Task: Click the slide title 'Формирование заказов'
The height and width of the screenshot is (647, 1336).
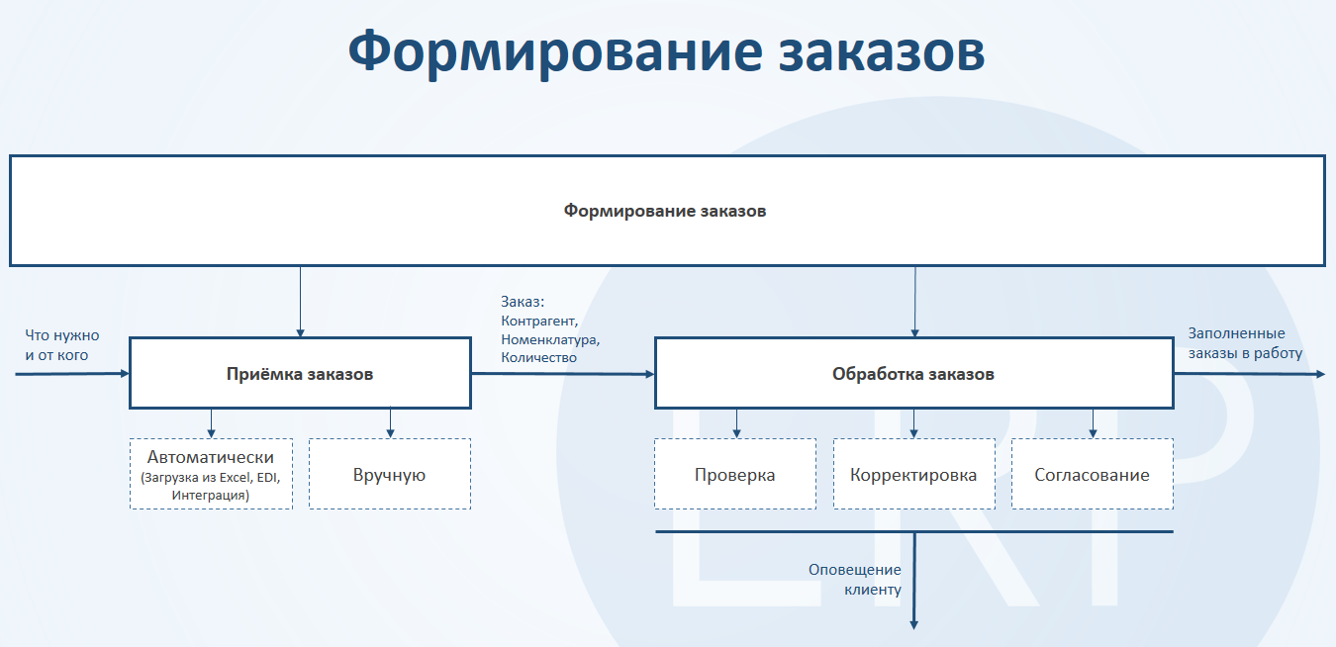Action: click(x=666, y=51)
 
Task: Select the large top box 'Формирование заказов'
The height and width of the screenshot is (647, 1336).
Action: click(x=666, y=211)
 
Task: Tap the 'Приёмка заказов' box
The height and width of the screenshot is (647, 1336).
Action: click(x=300, y=374)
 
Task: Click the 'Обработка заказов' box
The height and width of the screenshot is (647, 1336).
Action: click(x=913, y=374)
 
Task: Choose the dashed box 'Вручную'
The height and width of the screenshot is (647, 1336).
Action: click(x=390, y=475)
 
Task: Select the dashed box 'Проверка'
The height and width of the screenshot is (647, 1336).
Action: click(x=735, y=475)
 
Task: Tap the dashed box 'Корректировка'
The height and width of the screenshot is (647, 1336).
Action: click(x=913, y=475)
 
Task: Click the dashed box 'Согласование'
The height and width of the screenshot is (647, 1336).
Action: click(x=1093, y=475)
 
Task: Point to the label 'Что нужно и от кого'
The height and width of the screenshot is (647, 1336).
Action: click(x=62, y=344)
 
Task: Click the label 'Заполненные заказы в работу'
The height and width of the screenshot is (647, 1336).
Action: click(x=1245, y=343)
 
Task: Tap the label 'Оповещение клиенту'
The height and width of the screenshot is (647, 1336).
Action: click(x=855, y=580)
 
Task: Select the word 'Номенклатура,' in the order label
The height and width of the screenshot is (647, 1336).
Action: click(x=550, y=339)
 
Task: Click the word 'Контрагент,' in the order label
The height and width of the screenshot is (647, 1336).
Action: click(x=539, y=322)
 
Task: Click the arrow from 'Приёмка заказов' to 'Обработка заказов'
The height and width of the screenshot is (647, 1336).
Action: click(x=562, y=374)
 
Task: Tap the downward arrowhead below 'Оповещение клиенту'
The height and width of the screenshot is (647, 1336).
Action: click(x=913, y=623)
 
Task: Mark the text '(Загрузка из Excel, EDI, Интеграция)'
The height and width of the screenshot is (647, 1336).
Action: click(x=211, y=486)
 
